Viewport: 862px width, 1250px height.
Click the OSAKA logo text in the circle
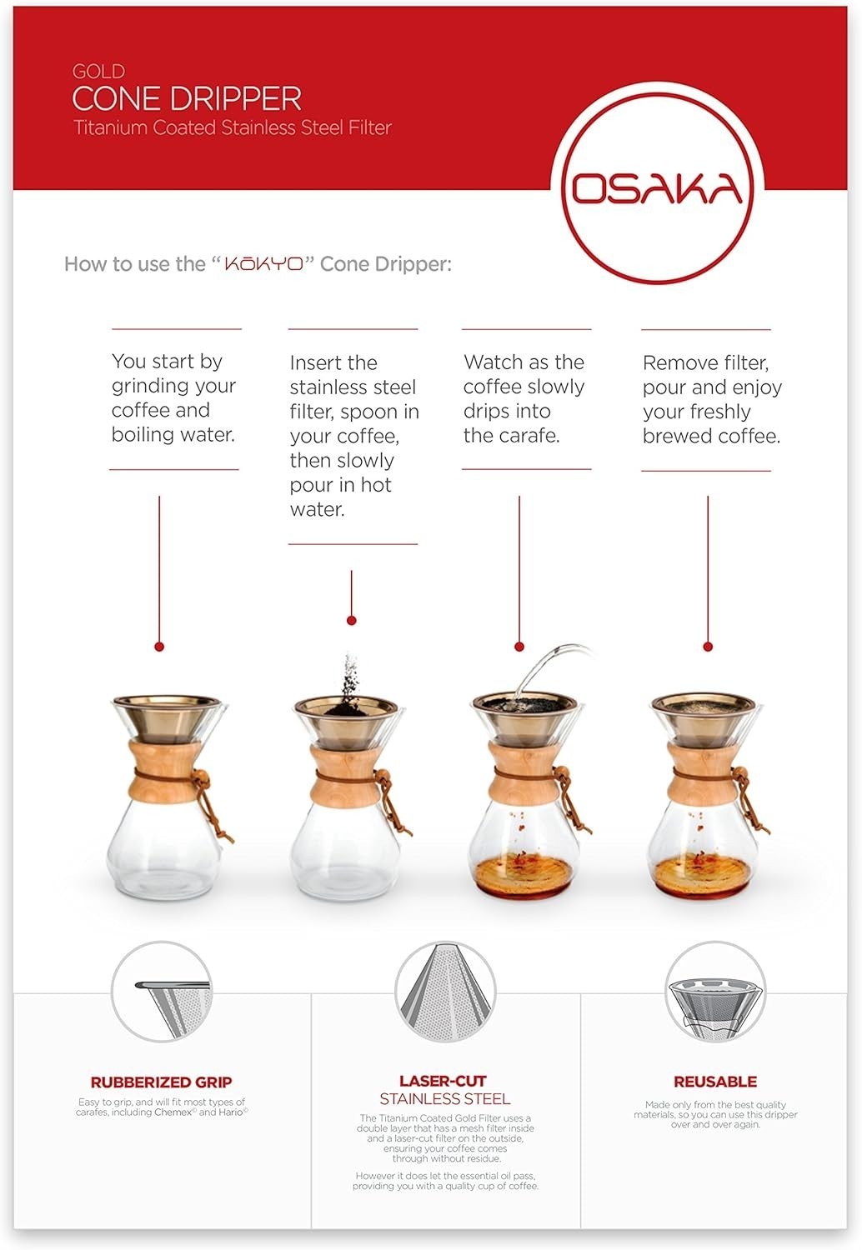(x=657, y=188)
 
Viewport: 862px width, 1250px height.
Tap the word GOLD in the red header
(x=99, y=72)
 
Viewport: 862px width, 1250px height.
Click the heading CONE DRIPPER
(x=187, y=99)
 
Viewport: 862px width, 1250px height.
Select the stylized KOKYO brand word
(x=264, y=263)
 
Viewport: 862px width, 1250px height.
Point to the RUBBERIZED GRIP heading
(x=161, y=1082)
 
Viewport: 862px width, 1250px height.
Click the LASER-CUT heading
(x=443, y=1082)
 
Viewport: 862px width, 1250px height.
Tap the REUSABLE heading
(x=715, y=1082)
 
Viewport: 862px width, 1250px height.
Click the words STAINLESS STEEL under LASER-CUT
(x=445, y=1099)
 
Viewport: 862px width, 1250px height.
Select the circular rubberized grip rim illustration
(x=162, y=992)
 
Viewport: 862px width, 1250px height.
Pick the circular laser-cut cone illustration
(x=445, y=992)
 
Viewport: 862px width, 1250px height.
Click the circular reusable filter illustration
(x=715, y=992)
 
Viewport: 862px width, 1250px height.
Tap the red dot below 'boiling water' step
(x=159, y=647)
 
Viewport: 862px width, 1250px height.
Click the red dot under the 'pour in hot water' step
(x=351, y=621)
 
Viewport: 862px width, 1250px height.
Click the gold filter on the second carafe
(x=347, y=722)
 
